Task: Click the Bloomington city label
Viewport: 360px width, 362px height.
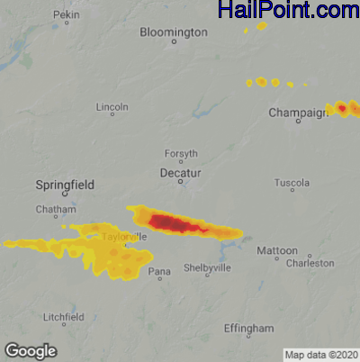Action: [173, 32]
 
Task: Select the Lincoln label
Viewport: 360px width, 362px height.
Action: [112, 107]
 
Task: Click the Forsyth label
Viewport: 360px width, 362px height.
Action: [181, 154]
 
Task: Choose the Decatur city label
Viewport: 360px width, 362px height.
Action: [180, 171]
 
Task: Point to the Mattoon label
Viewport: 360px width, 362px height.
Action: [274, 250]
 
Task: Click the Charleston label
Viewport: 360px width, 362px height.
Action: [310, 264]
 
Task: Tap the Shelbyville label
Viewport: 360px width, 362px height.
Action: [208, 268]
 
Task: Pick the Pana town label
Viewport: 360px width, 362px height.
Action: [159, 271]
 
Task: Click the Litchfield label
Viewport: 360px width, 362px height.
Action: [65, 318]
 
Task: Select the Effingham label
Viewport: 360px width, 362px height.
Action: [249, 329]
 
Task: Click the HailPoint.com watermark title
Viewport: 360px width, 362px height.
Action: [288, 11]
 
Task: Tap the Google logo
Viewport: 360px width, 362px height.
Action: [31, 350]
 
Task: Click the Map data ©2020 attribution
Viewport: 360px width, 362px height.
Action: [321, 354]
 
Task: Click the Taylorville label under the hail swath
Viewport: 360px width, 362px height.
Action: [119, 237]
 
